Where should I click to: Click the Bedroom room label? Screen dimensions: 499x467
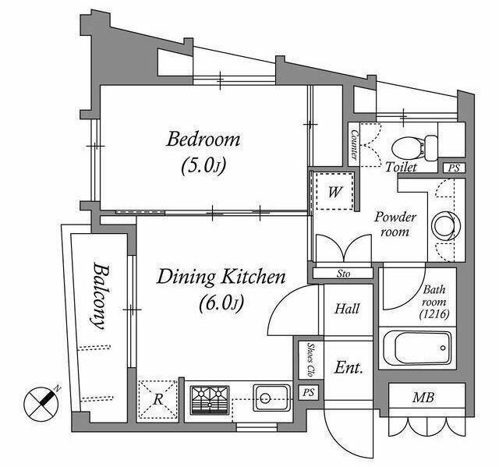[203, 140]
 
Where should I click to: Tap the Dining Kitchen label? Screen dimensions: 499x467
[221, 277]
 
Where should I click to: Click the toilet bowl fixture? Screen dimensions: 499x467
[415, 148]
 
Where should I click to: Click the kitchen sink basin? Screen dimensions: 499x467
[272, 398]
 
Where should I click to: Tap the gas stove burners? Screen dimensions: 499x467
[210, 400]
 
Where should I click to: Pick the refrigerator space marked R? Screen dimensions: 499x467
[157, 399]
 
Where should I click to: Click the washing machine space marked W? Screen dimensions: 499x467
[334, 192]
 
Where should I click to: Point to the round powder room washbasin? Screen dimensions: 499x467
[446, 225]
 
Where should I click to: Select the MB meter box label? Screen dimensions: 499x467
[423, 397]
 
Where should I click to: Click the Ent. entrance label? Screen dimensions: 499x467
[349, 368]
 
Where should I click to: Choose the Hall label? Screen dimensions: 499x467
[347, 309]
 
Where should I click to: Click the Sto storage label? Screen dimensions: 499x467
[343, 274]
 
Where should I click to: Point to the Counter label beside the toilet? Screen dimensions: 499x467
[354, 144]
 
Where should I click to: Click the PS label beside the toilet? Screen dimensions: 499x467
[454, 168]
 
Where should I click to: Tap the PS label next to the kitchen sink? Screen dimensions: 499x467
[308, 392]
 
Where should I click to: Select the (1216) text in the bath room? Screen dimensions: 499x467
[434, 314]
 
